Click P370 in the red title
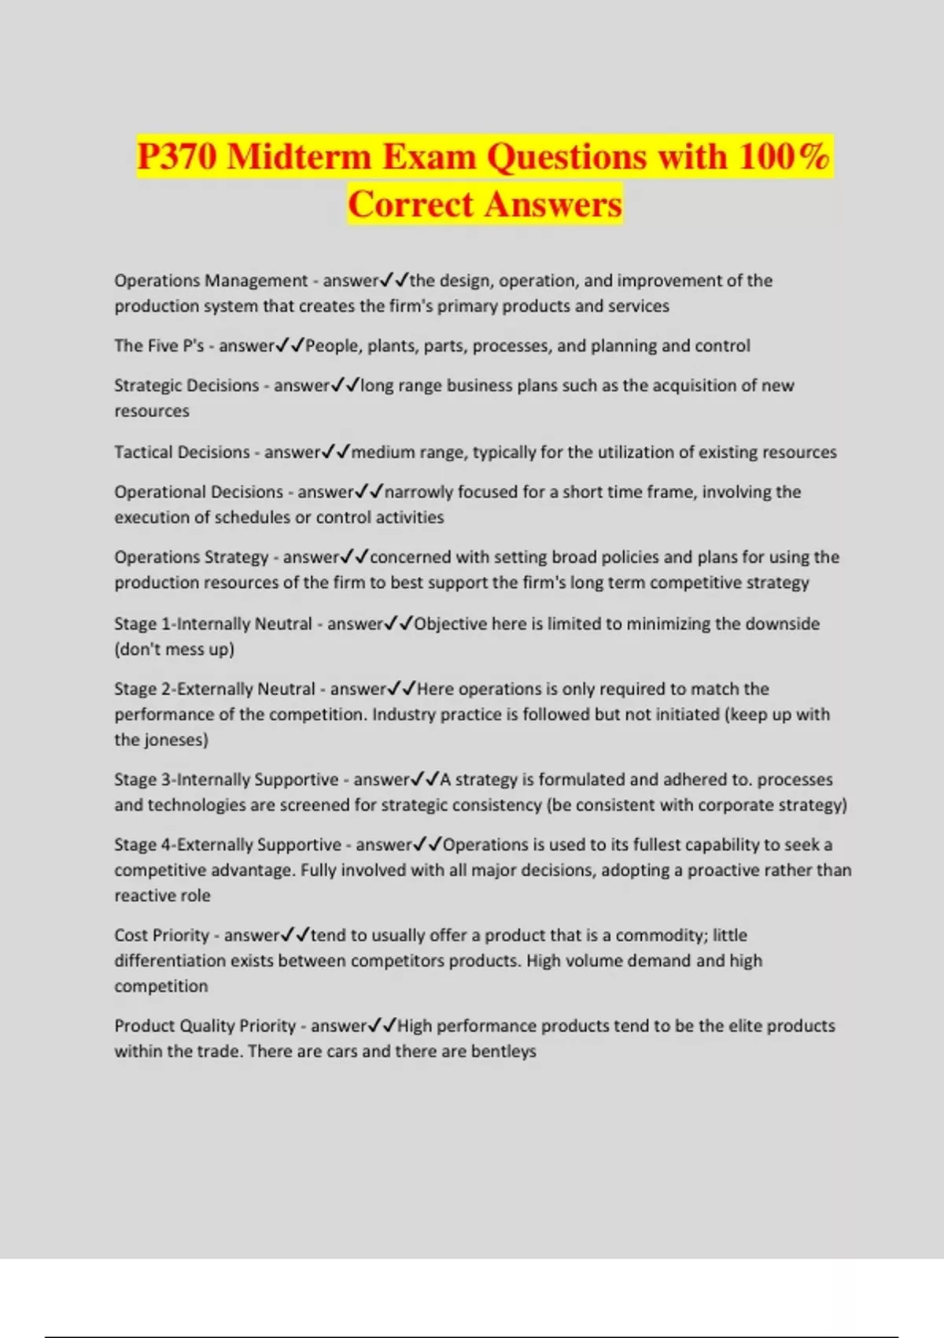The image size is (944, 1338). tap(176, 156)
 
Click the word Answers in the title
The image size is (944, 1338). tap(553, 205)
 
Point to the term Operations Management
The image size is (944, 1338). tap(211, 281)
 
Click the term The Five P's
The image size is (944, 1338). tap(159, 346)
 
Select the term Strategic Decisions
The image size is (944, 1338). tap(186, 386)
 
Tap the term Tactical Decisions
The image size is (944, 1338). tap(182, 453)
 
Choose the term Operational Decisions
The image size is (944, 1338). tap(198, 492)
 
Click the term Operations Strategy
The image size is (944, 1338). tap(191, 557)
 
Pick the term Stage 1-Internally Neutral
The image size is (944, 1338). tap(213, 624)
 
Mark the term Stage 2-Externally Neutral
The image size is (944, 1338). tap(215, 689)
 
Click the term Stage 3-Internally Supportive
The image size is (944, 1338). tap(227, 780)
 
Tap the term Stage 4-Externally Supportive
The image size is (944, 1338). tap(227, 845)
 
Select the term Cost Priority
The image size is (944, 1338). tap(161, 936)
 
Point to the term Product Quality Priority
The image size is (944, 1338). tap(205, 1026)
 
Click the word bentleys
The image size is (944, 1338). tap(503, 1052)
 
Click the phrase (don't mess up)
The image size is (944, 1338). tap(175, 650)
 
